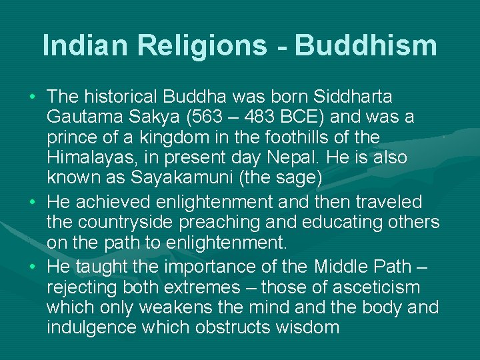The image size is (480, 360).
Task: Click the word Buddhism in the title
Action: [x=366, y=45]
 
